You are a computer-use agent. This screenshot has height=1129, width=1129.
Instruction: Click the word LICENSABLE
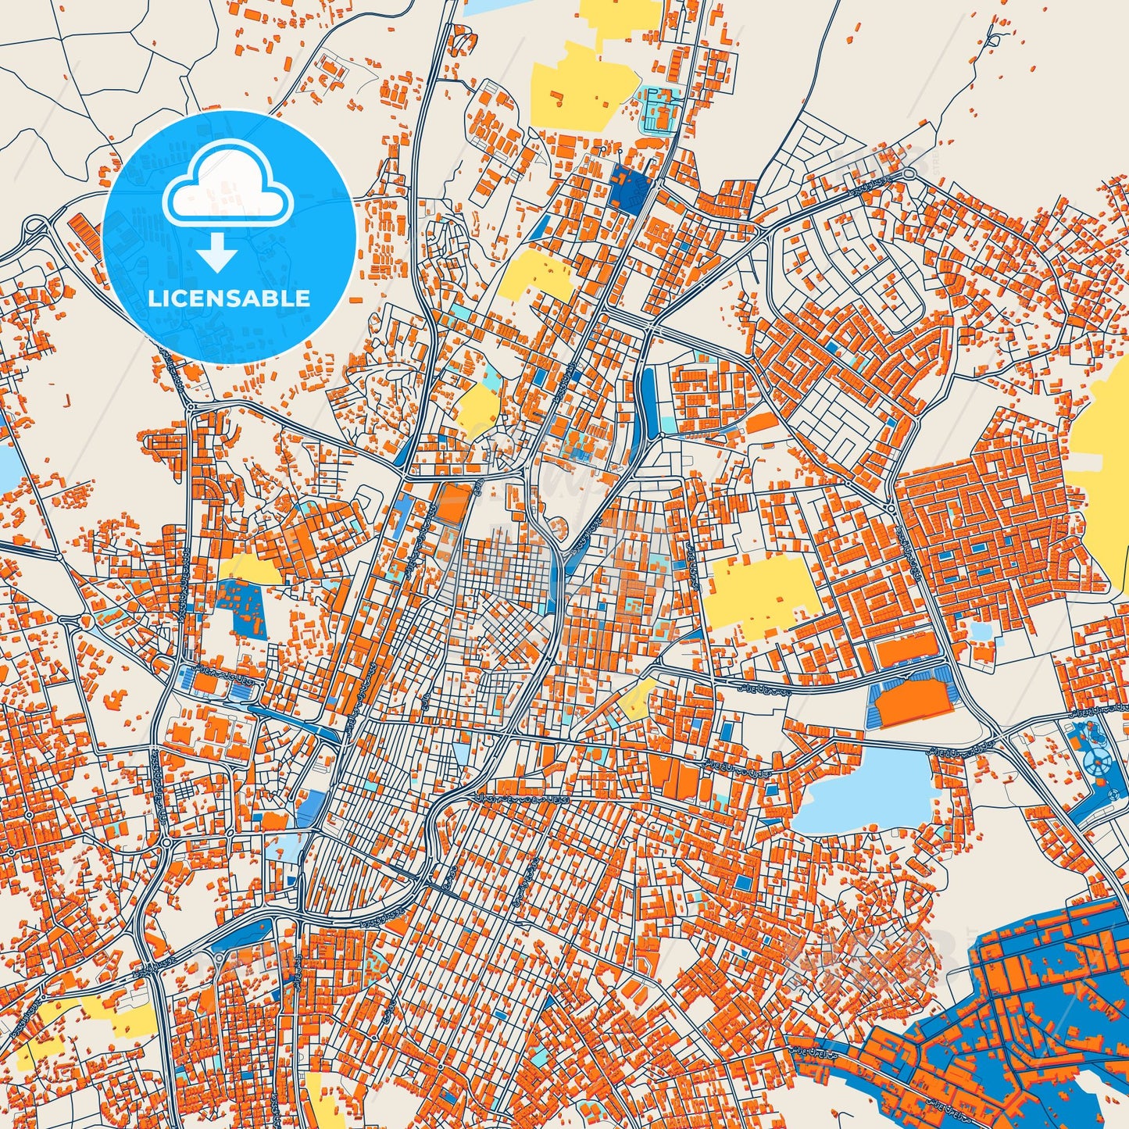[x=229, y=298]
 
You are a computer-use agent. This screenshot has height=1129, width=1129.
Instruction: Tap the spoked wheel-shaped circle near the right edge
[x=1100, y=759]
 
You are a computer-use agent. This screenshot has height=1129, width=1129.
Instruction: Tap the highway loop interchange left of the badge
[x=36, y=230]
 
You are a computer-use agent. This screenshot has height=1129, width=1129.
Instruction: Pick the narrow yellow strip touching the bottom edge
[x=316, y=1102]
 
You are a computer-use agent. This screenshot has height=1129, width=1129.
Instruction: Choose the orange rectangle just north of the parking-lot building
[x=906, y=649]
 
